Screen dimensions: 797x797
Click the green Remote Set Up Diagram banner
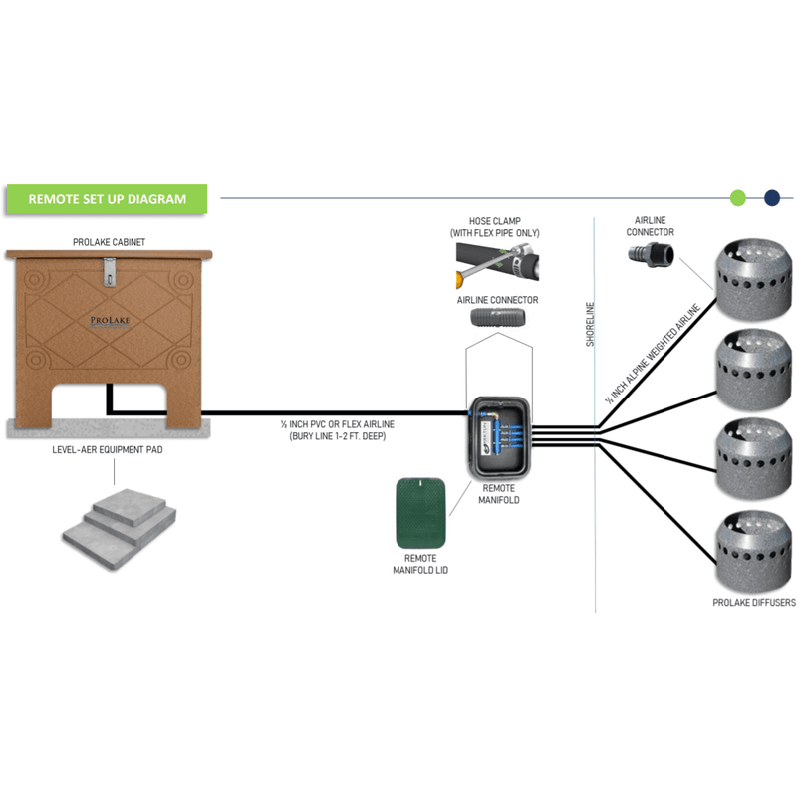click(x=107, y=198)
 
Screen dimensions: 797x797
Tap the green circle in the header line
click(x=738, y=197)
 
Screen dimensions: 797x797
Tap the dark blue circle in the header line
click(x=771, y=197)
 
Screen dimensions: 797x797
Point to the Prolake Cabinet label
click(x=109, y=242)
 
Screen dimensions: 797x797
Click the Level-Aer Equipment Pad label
click(x=109, y=449)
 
